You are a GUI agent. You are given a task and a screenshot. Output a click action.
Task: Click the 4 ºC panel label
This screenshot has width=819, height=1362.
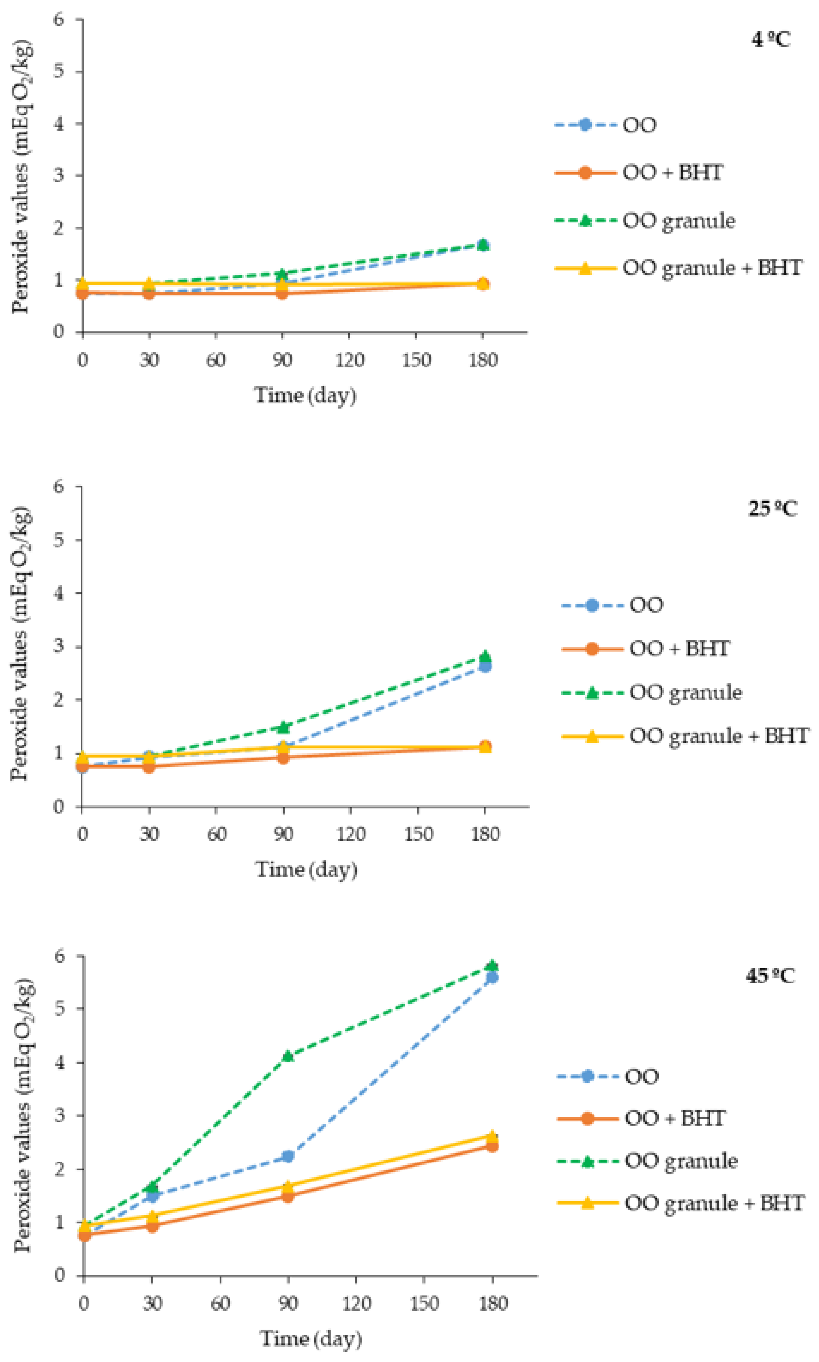(x=770, y=40)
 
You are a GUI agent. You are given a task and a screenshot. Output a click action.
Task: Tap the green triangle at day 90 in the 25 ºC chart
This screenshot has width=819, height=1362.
(x=283, y=727)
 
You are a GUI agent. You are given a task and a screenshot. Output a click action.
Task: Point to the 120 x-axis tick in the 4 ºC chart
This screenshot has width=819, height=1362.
(x=349, y=360)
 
